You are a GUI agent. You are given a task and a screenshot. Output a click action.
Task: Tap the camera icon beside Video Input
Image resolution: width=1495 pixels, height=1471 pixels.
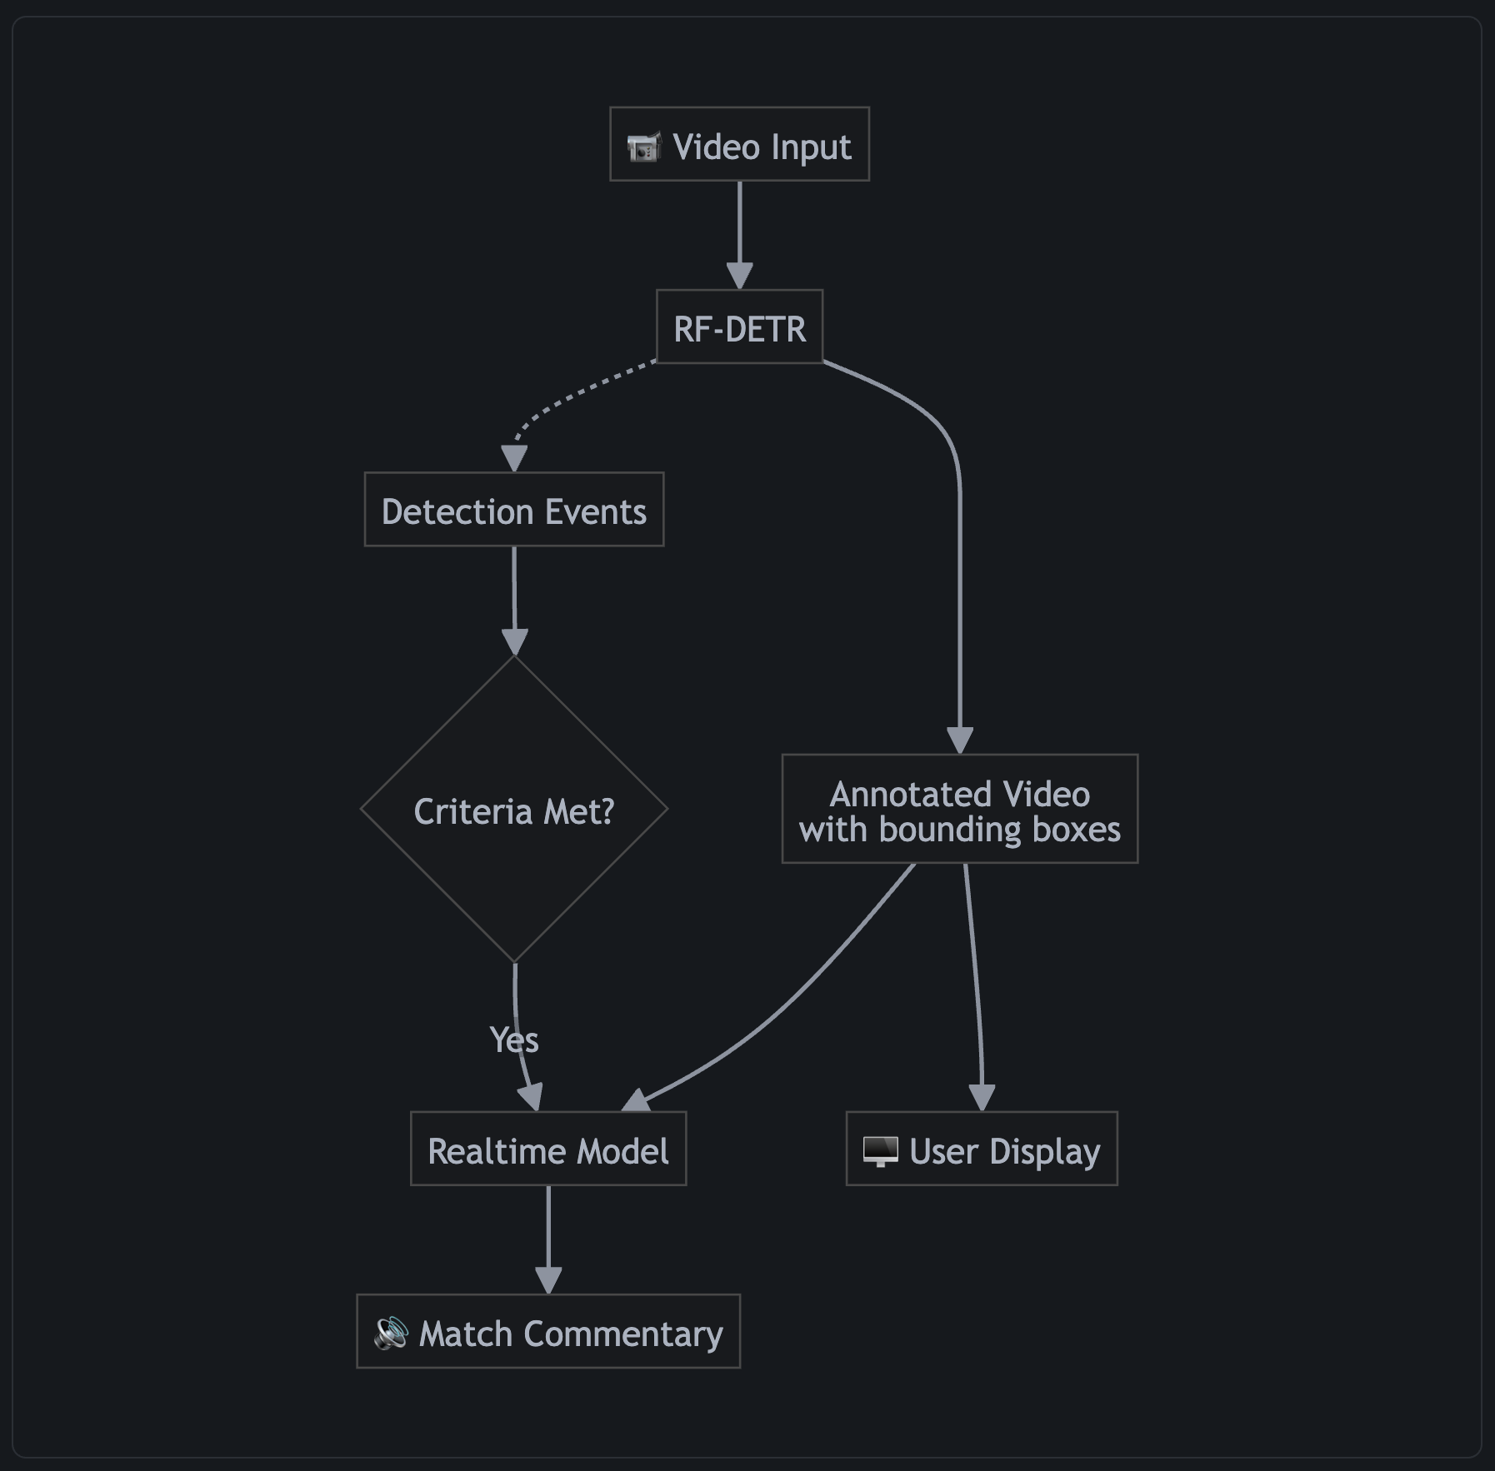tap(643, 147)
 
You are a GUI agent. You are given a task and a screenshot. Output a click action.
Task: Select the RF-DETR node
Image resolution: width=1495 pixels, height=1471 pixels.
tap(739, 327)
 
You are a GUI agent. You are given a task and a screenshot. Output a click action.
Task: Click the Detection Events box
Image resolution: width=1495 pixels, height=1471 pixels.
tap(513, 510)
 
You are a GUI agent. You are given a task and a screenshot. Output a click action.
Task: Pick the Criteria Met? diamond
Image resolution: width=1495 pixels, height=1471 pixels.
tap(513, 810)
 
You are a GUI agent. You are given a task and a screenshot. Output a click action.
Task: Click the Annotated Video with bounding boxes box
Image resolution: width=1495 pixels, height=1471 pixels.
tap(959, 809)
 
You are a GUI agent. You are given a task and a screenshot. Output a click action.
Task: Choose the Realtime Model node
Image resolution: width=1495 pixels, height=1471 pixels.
tap(547, 1149)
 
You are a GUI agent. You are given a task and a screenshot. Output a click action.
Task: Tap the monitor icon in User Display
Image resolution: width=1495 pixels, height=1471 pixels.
tap(880, 1151)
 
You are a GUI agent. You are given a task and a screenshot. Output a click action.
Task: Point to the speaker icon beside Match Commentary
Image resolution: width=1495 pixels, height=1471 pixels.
tap(390, 1333)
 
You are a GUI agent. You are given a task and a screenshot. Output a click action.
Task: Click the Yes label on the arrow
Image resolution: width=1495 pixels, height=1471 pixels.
tap(514, 1040)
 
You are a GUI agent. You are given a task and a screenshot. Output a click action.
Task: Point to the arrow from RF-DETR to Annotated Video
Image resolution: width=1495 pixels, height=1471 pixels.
tap(959, 583)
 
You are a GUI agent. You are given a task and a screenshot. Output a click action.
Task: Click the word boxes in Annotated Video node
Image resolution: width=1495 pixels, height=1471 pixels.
tap(1077, 830)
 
